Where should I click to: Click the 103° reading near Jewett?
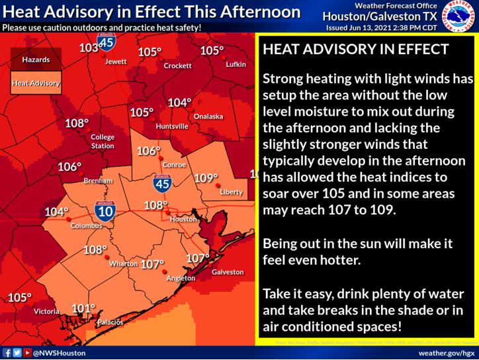[88, 48]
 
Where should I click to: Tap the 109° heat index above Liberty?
[206, 178]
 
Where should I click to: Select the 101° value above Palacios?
[83, 308]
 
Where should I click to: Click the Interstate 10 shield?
[104, 210]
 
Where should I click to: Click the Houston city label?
[183, 219]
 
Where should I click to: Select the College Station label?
[103, 141]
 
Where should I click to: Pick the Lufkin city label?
[236, 64]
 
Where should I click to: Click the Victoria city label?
[47, 310]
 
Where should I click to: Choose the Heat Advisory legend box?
[36, 84]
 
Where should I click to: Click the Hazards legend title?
[36, 60]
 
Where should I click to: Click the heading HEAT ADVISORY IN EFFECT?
[356, 50]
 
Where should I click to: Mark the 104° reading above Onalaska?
[179, 103]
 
